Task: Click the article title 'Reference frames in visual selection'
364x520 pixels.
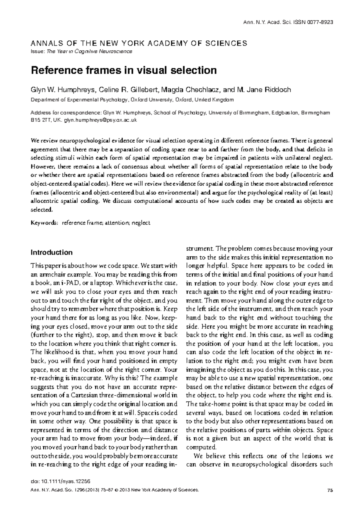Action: tap(124, 70)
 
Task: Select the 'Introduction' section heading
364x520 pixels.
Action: tap(52, 252)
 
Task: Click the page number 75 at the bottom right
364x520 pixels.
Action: tap(330, 490)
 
